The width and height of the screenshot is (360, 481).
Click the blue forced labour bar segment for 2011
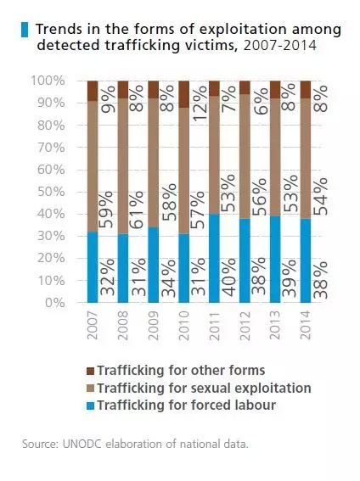215,258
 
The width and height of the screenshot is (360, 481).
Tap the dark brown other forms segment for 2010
184,94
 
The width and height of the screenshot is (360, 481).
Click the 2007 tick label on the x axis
93,323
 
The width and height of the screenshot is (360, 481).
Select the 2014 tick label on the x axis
307,323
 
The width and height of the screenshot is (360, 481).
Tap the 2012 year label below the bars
245,323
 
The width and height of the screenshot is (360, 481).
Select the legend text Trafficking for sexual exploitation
204,389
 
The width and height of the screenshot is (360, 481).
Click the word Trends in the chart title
59,30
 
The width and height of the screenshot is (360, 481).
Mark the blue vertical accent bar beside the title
24,30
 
